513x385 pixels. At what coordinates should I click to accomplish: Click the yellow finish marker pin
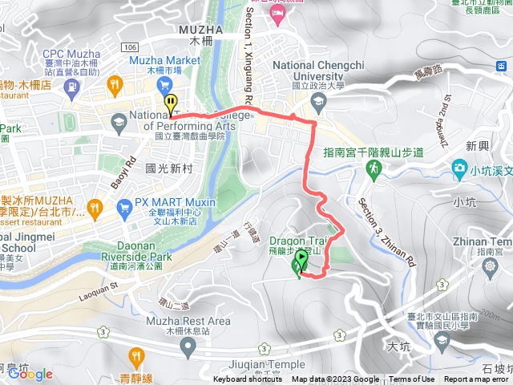[171, 103]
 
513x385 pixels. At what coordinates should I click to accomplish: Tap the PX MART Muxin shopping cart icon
[124, 208]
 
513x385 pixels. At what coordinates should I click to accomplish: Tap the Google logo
[30, 373]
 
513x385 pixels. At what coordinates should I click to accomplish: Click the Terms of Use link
[412, 379]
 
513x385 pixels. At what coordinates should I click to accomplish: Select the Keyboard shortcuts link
[248, 379]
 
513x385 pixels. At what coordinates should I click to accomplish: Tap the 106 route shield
[131, 48]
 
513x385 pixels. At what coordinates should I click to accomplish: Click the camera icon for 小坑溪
[458, 168]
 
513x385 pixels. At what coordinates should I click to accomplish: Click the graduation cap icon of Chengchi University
[318, 102]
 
